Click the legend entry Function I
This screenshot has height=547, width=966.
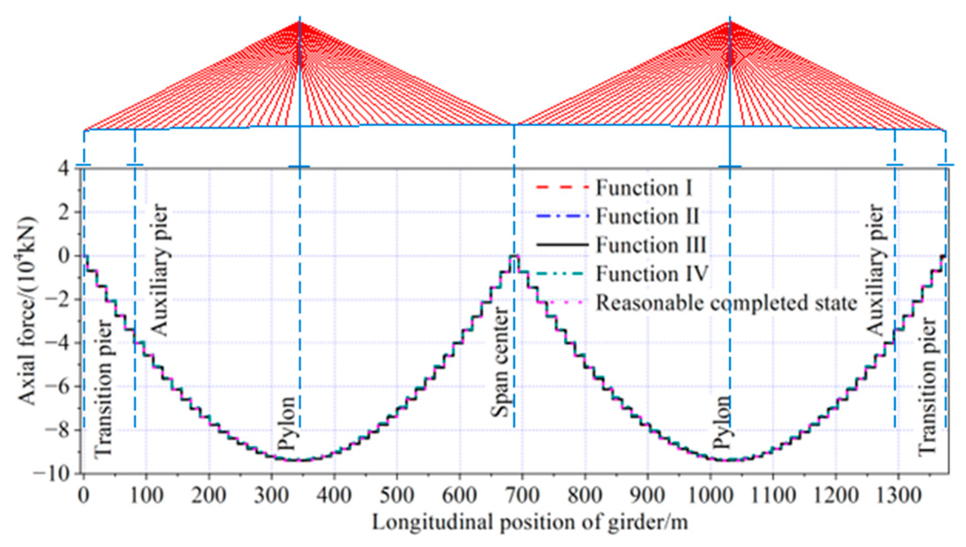point(643,188)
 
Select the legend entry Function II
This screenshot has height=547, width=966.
point(647,216)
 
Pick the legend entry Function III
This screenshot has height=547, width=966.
point(651,245)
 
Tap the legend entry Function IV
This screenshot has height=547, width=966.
point(651,274)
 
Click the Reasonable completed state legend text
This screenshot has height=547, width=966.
point(726,303)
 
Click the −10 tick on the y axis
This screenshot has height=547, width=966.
point(58,473)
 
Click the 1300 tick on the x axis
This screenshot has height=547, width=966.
point(898,495)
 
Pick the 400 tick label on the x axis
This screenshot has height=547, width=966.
point(334,495)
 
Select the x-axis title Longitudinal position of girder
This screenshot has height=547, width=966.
point(530,522)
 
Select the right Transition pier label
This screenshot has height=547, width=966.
point(927,386)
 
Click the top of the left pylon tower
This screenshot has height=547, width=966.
point(300,20)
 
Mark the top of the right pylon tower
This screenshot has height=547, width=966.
point(730,20)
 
